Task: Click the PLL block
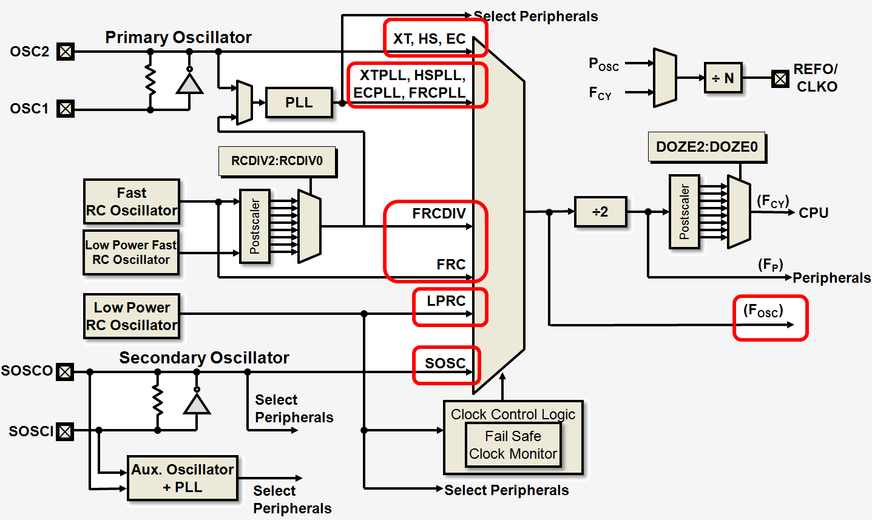click(299, 103)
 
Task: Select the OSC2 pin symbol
click(65, 52)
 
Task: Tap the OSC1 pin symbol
click(65, 109)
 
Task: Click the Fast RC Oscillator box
click(132, 202)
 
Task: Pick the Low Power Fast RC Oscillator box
click(131, 252)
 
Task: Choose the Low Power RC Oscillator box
click(132, 316)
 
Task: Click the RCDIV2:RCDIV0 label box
click(277, 161)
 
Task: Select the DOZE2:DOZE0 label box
click(707, 147)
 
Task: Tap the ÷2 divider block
click(600, 212)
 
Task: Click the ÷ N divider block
click(723, 78)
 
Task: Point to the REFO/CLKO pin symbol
click(780, 78)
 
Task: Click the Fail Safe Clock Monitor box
click(513, 445)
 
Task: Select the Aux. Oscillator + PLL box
click(183, 478)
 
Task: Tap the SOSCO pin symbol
click(65, 371)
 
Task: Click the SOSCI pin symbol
click(65, 431)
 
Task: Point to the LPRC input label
click(446, 301)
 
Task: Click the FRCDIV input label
click(439, 214)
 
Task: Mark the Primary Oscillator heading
click(178, 38)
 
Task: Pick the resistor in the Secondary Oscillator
click(158, 400)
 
